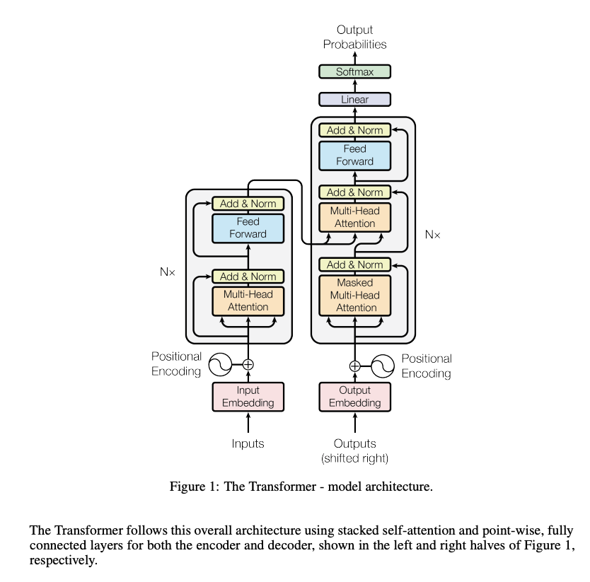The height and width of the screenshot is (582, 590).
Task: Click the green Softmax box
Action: [354, 71]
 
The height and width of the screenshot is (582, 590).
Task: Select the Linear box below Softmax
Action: [354, 100]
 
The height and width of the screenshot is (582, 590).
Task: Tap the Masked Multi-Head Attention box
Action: [354, 295]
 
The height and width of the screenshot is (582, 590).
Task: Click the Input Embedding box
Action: [248, 396]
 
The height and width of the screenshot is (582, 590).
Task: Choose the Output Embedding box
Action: [354, 396]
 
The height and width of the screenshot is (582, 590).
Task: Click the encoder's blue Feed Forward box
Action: [248, 228]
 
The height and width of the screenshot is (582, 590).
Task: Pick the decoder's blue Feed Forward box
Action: [354, 155]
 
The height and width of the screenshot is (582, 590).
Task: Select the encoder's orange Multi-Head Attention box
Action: [248, 301]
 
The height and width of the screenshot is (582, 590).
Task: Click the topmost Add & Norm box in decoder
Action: [354, 130]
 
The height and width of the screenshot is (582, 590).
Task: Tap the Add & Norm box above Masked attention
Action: [354, 264]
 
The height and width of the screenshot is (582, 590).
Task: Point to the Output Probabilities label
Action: [354, 37]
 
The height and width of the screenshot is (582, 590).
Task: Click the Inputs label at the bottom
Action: [248, 443]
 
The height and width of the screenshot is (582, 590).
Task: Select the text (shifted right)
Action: [354, 458]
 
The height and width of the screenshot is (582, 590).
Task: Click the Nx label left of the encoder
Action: [167, 272]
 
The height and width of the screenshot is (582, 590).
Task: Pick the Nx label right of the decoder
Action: [432, 234]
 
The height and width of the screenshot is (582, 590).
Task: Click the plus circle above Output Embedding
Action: [354, 366]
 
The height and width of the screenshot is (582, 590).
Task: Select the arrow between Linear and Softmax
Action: [354, 86]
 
